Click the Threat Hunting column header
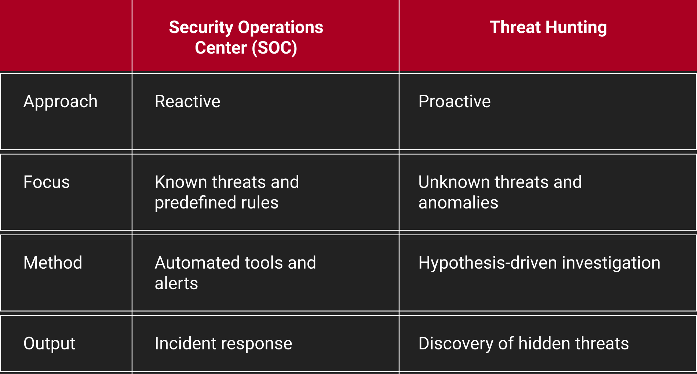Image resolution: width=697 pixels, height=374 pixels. (x=548, y=28)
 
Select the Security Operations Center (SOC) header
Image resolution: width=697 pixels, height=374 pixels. (x=246, y=37)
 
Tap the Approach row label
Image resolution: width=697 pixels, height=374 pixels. (x=61, y=102)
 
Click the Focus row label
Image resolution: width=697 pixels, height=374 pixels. (x=47, y=182)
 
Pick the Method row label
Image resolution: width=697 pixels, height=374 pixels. (x=53, y=263)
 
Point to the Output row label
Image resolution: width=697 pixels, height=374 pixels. (x=49, y=344)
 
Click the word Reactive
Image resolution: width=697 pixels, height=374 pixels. (x=187, y=102)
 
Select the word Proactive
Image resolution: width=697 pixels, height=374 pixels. (x=455, y=102)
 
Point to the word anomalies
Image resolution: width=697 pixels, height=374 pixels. (x=458, y=203)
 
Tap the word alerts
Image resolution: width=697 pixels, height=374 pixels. (x=176, y=284)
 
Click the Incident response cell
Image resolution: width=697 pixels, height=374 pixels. (x=223, y=344)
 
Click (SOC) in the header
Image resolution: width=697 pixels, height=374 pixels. (x=274, y=48)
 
